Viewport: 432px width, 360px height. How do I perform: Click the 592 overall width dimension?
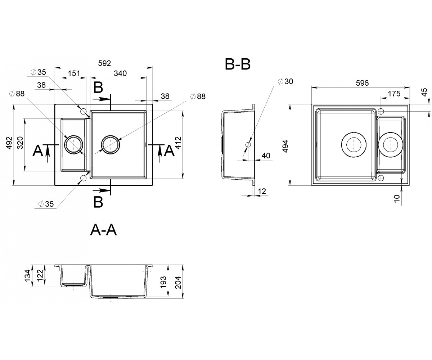pyautogui.click(x=104, y=63)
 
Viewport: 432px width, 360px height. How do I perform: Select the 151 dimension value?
pyautogui.click(x=74, y=73)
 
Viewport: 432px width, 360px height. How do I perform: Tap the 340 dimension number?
pyautogui.click(x=120, y=73)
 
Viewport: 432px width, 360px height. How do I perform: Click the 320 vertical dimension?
pyautogui.click(x=20, y=143)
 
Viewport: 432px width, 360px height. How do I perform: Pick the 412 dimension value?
pyautogui.click(x=178, y=143)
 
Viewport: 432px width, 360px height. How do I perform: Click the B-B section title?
pyautogui.click(x=238, y=64)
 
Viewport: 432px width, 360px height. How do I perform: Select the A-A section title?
pyautogui.click(x=103, y=230)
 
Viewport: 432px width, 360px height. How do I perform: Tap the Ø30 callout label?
pyautogui.click(x=286, y=81)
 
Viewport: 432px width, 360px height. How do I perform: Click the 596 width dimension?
pyautogui.click(x=362, y=83)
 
